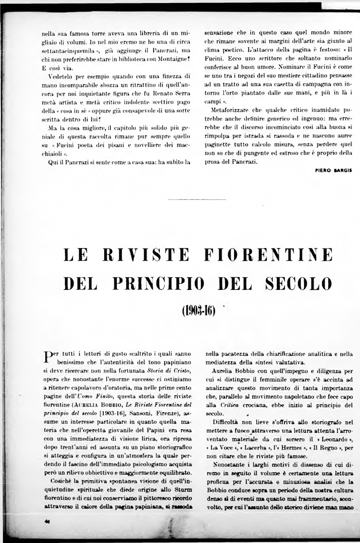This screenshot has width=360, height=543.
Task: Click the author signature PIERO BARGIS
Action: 330,171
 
